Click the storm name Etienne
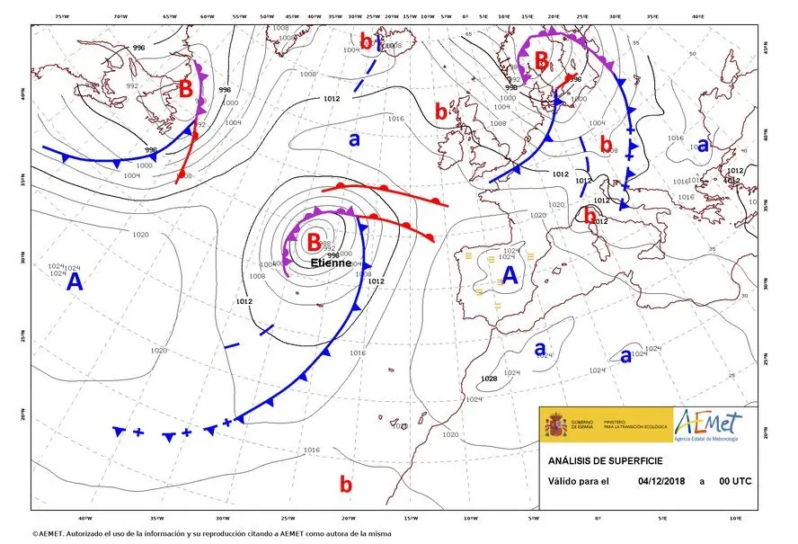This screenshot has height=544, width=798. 332,263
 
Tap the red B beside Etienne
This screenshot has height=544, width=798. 314,242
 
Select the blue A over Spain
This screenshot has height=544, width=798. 510,275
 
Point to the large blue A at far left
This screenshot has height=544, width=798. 75,282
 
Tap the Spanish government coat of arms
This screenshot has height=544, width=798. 555,424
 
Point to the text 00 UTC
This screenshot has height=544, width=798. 735,481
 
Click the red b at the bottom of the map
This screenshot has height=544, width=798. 346,484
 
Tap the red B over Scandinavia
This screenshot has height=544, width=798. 541,61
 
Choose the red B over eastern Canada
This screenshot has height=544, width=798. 186,89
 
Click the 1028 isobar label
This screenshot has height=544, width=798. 489,379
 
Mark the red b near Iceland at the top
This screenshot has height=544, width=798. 366,40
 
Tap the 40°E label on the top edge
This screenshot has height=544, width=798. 698,16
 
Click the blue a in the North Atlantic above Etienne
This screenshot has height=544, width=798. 354,139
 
